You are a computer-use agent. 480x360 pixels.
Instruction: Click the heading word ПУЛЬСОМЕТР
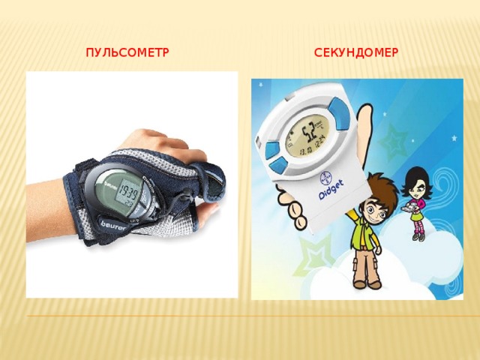coord(127,53)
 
